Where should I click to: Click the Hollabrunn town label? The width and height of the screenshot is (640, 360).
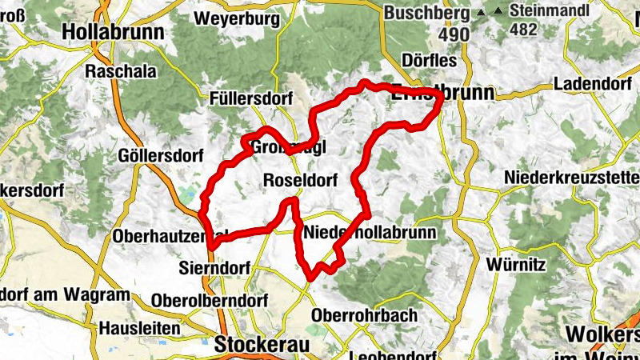coord(113,32)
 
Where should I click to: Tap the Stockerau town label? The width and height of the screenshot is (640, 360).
coord(261,344)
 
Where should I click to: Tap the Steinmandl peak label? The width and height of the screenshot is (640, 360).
coord(553,11)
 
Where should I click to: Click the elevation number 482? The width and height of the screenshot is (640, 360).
coord(523,30)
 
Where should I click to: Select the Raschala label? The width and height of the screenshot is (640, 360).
coord(120,70)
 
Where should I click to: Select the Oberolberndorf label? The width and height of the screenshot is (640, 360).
coord(200,299)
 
